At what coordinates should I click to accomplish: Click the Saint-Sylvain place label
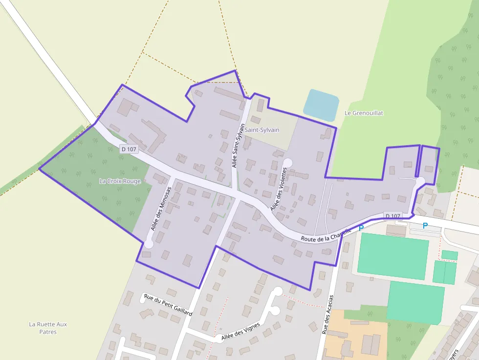262,130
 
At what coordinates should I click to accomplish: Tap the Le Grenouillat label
364,113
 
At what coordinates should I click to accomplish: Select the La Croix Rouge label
120,181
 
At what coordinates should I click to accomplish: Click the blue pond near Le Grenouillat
321,105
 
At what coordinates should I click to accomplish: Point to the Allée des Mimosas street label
160,209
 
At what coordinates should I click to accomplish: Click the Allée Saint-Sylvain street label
238,146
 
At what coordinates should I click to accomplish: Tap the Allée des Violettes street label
278,189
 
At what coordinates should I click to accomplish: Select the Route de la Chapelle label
326,236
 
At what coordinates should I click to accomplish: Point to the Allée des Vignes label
239,331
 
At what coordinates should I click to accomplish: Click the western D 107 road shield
129,149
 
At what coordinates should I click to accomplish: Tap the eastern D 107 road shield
392,216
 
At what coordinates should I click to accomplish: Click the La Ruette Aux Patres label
48,328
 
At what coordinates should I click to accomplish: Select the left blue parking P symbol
361,228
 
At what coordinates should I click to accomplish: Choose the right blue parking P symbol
425,226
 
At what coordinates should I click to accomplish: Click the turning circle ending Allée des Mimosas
149,244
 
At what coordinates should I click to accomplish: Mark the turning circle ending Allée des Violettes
287,162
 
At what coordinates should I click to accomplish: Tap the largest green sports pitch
393,255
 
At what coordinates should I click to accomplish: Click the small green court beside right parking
449,255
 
